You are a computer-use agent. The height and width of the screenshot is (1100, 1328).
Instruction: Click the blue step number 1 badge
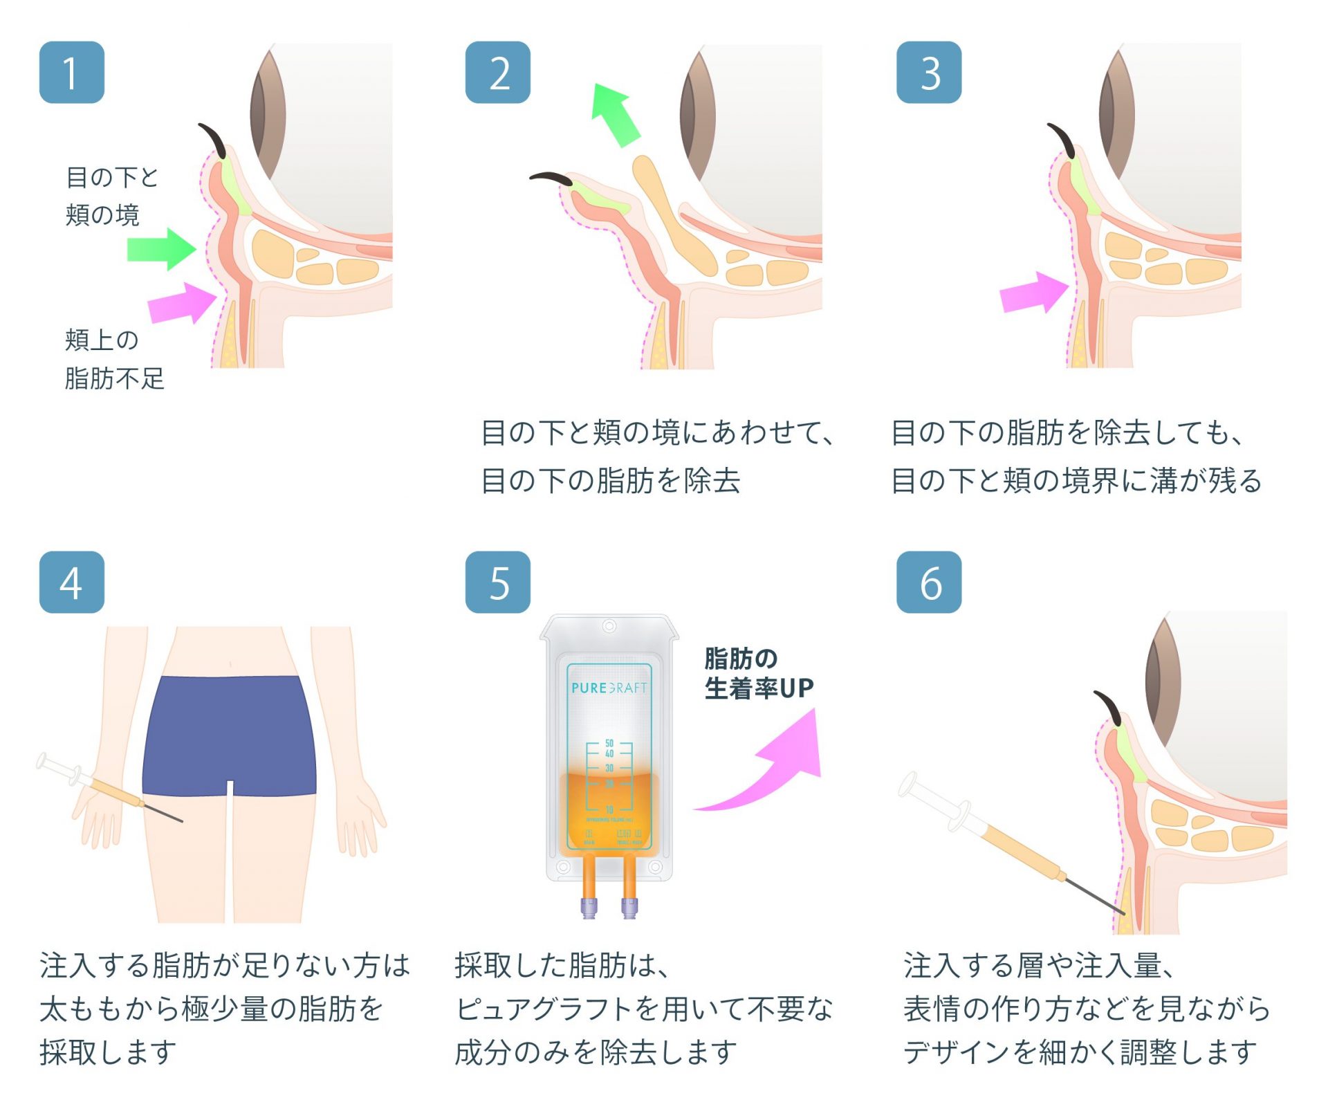[71, 73]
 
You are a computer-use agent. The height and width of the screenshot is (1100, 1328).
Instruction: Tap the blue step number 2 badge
[497, 73]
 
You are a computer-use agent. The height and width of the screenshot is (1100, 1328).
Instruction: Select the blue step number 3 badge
[928, 73]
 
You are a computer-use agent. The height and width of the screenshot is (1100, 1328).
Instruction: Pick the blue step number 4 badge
[71, 582]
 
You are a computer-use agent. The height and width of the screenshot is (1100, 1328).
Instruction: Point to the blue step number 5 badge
[497, 582]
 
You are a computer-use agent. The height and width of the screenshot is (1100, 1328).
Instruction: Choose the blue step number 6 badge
[928, 582]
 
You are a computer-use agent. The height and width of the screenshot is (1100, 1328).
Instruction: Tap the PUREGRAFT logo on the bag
[609, 688]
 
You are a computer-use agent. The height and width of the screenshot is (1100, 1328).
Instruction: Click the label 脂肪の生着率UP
[758, 673]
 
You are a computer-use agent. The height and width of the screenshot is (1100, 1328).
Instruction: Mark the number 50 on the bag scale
[609, 743]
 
